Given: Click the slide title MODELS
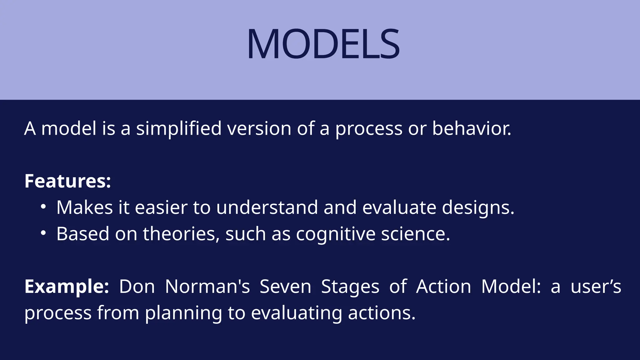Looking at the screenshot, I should tap(323, 44).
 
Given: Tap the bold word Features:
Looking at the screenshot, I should tap(67, 181).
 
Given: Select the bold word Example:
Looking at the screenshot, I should tap(67, 286).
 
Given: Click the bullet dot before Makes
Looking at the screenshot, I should tap(43, 207).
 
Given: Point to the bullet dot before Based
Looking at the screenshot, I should tap(43, 233).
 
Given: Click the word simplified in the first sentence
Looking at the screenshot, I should tap(179, 128).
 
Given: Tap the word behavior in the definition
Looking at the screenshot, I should tap(471, 128).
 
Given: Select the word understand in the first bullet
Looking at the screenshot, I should tap(267, 207).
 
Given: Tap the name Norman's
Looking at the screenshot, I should tap(207, 286).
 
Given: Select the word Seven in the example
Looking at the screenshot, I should tap(285, 286).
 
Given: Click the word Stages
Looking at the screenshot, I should tap(350, 287).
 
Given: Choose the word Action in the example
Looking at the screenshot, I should tap(443, 286).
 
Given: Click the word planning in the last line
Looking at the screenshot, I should tap(183, 313).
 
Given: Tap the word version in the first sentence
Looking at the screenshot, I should tap(259, 128).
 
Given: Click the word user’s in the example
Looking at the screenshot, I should tap(596, 286).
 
